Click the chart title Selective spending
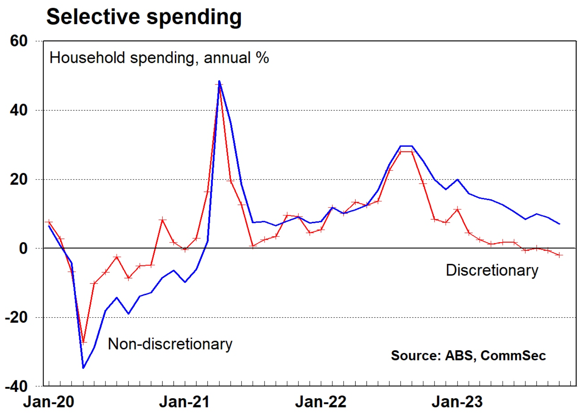pos(144,17)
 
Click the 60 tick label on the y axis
pos(19,41)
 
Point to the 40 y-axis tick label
pos(19,110)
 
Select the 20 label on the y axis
pos(19,179)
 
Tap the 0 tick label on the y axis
pos(23,248)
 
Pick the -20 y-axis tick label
pos(16,317)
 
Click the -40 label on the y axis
pos(16,387)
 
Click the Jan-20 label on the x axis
pos(49,402)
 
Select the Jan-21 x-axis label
pos(184,402)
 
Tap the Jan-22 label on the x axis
pos(321,402)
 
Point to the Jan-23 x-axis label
pos(457,402)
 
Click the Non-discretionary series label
pos(170,344)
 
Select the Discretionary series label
pos(492,270)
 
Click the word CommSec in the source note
pos(513,355)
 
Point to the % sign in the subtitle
pos(262,58)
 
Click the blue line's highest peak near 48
pos(219,81)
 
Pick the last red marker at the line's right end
pos(559,255)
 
